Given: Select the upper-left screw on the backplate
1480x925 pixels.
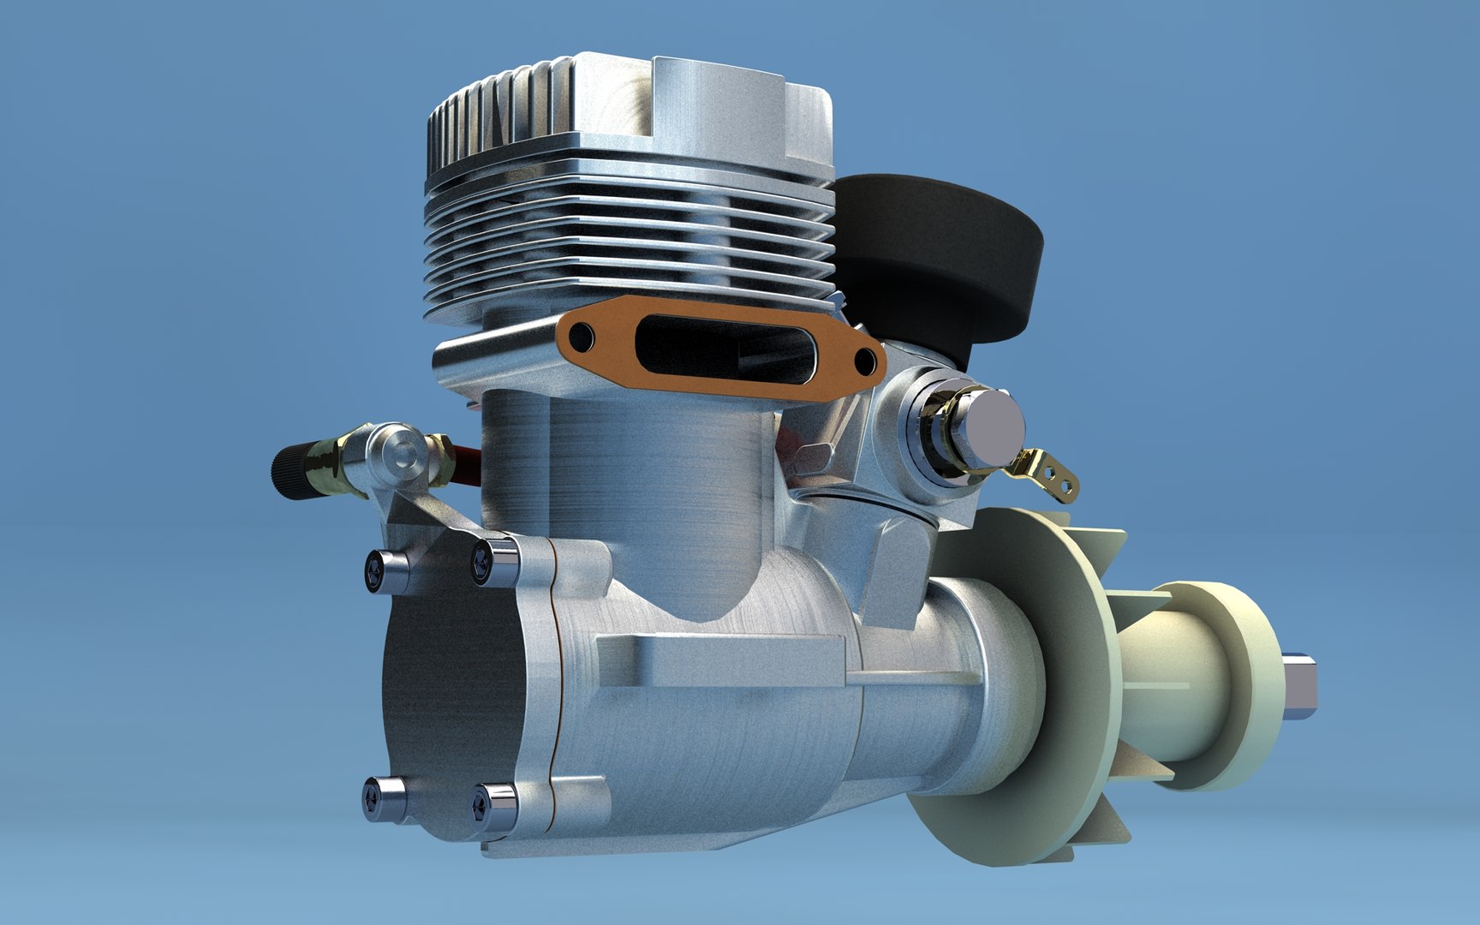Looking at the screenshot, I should (x=378, y=566).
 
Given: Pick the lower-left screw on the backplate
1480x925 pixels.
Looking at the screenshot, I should (x=378, y=792).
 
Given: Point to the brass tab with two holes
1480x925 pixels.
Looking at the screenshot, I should (x=1051, y=474).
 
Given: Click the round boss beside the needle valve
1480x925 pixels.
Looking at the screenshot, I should (x=395, y=453).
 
